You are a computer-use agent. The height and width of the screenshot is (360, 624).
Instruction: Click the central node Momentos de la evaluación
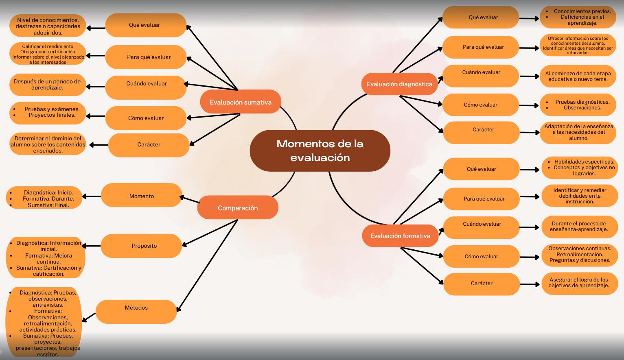tap(320, 151)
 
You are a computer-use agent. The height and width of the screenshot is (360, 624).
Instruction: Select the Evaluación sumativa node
tap(241, 102)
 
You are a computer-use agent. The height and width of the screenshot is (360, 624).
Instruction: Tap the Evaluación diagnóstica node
tap(399, 84)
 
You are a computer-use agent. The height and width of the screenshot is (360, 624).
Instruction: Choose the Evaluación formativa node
tap(400, 236)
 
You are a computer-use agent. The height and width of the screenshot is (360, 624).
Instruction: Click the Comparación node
tap(238, 208)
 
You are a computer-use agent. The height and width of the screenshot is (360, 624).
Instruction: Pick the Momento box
tap(142, 196)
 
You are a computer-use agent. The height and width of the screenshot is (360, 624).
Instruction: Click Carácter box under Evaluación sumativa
tap(149, 145)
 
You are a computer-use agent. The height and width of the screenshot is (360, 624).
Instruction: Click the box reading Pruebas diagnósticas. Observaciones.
tap(578, 105)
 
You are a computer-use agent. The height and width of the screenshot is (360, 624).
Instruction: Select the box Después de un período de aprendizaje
tap(47, 85)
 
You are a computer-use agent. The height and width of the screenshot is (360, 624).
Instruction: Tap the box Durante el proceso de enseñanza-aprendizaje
tap(579, 227)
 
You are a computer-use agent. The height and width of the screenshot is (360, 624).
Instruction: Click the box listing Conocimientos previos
tap(578, 17)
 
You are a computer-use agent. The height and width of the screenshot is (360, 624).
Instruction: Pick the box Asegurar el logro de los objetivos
tap(579, 283)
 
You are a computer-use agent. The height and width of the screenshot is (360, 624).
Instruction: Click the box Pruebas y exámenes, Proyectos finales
tap(48, 113)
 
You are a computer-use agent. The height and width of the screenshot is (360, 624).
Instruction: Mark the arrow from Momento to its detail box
tap(92, 196)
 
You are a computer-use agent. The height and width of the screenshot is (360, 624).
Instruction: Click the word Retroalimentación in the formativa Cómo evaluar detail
tap(579, 254)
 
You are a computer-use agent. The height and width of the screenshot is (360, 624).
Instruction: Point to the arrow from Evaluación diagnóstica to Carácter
tap(422, 114)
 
